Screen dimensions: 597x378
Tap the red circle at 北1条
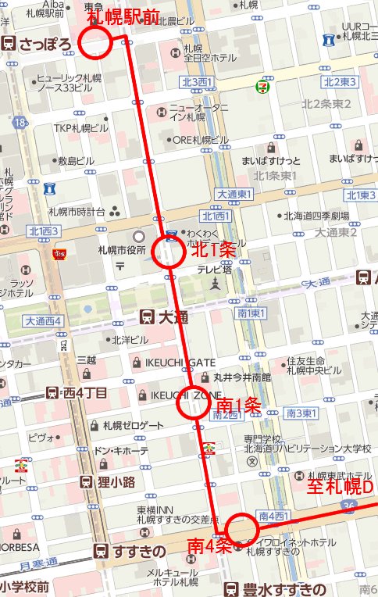[x=169, y=252]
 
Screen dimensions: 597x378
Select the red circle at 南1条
[x=192, y=403]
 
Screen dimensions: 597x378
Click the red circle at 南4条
[x=241, y=529]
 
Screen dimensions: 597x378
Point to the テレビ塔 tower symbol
[x=214, y=288]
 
